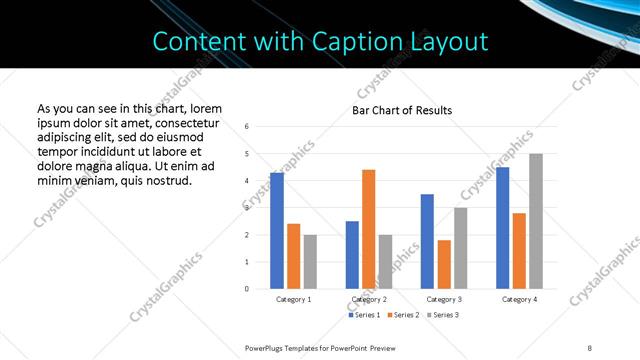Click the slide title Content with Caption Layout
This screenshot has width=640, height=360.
click(320, 41)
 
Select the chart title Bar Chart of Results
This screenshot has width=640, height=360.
click(402, 110)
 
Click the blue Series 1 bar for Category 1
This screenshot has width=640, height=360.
click(277, 231)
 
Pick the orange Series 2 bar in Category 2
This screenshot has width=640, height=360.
click(369, 229)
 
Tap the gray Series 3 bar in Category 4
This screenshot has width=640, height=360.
click(536, 221)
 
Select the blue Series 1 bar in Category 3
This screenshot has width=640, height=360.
click(427, 241)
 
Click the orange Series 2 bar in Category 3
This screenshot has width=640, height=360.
click(444, 264)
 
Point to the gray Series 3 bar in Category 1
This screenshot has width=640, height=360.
click(311, 262)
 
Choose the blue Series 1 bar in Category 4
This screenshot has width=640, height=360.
click(502, 228)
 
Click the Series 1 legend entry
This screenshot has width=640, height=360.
click(365, 315)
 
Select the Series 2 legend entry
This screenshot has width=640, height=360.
click(403, 315)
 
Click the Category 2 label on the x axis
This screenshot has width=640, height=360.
click(369, 299)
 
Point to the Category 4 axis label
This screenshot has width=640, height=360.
click(519, 299)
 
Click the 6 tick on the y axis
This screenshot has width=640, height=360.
click(247, 127)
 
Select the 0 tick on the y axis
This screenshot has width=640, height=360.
click(247, 289)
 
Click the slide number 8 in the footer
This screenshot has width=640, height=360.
click(589, 348)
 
